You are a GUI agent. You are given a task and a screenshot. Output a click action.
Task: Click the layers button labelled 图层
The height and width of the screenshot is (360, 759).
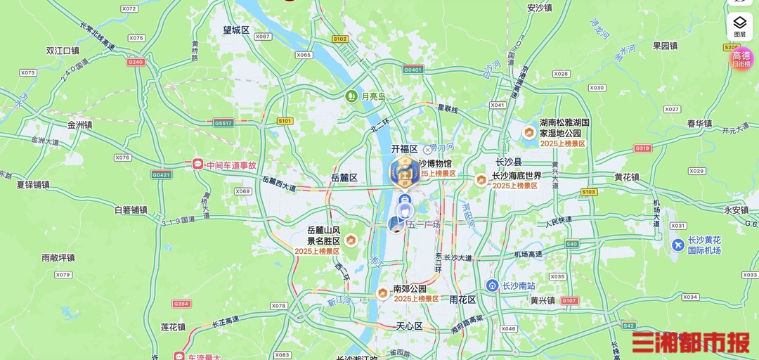coord(740,25)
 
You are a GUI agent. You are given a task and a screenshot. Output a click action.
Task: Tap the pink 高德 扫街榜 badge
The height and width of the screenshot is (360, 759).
coord(741,58)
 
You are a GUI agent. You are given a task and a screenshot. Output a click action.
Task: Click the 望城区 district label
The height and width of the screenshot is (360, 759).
coord(236,30)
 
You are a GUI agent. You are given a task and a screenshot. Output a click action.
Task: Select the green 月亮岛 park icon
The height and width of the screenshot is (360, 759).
coord(351,96)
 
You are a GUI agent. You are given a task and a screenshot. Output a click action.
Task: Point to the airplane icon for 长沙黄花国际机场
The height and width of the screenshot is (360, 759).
coord(677,245)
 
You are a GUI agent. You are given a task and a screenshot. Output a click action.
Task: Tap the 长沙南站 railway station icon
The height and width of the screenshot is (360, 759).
coord(493,285)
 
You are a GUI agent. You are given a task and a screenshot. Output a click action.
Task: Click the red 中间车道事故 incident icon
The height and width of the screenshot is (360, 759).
coord(197,165)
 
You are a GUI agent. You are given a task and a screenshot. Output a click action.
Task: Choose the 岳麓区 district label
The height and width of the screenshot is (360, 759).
coord(344,178)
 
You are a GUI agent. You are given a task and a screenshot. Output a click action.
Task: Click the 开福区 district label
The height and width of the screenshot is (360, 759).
coord(404,149)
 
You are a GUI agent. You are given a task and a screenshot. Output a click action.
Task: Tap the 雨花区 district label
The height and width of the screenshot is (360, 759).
coord(462,300)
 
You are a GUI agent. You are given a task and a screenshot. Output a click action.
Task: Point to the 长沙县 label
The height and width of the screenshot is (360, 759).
coord(509,162)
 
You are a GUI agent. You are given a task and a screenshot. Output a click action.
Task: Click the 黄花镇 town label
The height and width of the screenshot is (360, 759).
coord(626,177)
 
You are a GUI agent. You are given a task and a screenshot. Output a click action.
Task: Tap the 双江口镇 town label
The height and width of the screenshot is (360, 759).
coord(63,51)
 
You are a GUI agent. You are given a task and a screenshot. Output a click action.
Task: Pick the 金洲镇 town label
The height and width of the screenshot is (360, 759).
coord(80,124)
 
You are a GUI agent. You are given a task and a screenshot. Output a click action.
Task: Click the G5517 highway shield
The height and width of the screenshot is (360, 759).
coord(223,123)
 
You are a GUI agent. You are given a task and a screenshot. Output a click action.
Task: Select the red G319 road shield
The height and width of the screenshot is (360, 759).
coord(642,148)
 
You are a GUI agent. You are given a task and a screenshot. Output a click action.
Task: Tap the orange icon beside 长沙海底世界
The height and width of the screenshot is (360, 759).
coord(481,181)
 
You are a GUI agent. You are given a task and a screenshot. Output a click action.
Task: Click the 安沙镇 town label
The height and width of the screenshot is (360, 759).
coord(540,8)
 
